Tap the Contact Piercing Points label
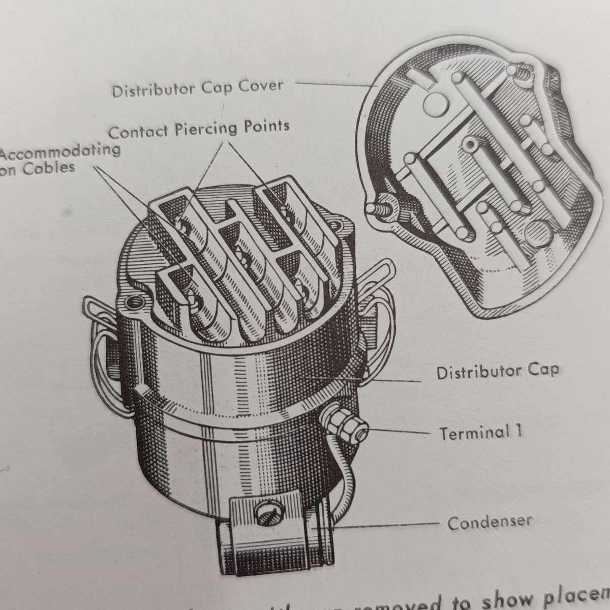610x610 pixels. (199, 129)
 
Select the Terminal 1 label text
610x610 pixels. (480, 433)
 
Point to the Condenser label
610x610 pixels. (490, 522)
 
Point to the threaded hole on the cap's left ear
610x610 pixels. (136, 304)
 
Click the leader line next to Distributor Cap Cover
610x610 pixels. (335, 84)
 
